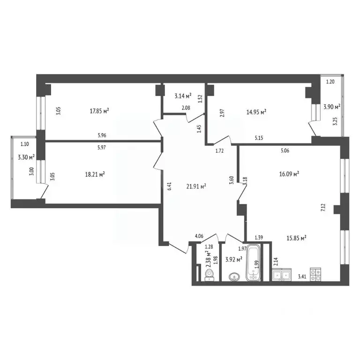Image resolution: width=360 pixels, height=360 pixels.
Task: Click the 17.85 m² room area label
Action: click(x=99, y=111)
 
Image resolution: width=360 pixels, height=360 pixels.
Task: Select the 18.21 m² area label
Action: click(x=95, y=174)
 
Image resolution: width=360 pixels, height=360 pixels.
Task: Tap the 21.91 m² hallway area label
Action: click(x=197, y=187)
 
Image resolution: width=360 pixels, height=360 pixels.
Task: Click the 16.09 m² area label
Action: click(x=289, y=173)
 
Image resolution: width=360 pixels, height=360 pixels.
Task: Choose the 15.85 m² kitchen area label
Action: click(x=296, y=238)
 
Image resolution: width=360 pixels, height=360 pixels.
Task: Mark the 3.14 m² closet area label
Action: click(x=183, y=96)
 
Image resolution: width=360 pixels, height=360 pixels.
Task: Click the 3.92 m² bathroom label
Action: click(x=233, y=259)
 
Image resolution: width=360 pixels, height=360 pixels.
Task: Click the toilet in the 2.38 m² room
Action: click(x=210, y=272)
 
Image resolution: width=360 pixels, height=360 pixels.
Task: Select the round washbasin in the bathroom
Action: click(x=233, y=277)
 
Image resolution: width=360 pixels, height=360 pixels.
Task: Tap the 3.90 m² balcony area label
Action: click(x=331, y=106)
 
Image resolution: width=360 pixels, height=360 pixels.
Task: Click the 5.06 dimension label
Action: click(x=285, y=150)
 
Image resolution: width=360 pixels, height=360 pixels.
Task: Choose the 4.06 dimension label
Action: click(x=199, y=236)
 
